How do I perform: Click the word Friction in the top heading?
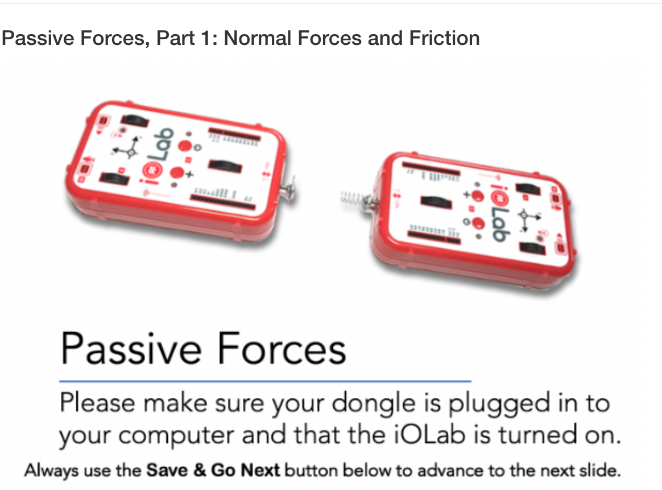pyautogui.click(x=444, y=38)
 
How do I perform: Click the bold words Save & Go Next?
pyautogui.click(x=213, y=471)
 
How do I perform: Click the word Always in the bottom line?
pyautogui.click(x=44, y=471)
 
